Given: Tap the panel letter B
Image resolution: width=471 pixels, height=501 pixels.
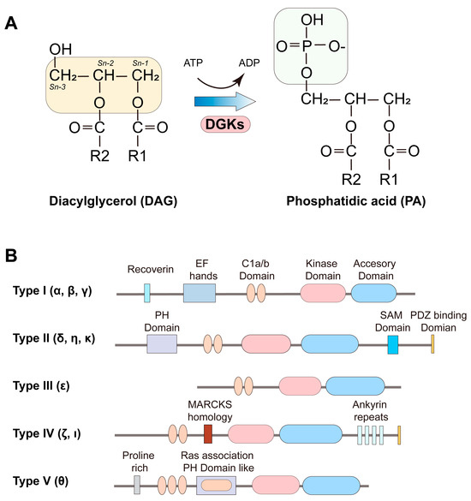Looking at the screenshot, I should coord(12,255).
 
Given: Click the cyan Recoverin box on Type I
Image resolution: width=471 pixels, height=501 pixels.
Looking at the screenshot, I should coord(147,294).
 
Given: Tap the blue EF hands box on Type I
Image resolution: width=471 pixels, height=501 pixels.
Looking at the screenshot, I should coord(199,294).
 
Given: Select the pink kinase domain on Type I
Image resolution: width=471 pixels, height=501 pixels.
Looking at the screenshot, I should coord(325,294).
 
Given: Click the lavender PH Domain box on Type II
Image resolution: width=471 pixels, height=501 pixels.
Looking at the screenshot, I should coord(162,344).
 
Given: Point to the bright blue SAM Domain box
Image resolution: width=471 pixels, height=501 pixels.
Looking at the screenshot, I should coord(393,344).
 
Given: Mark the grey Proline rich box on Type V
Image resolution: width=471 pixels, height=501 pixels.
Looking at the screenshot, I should coord(138,485).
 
